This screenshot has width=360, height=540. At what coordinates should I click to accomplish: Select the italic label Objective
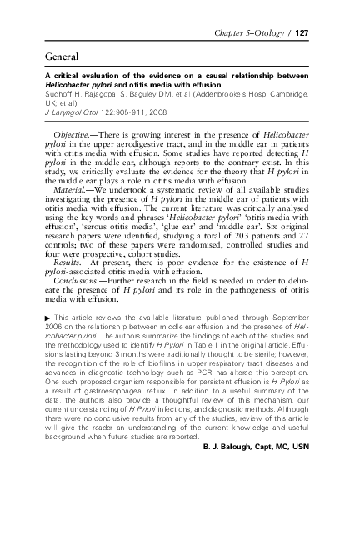(x=72, y=135)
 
